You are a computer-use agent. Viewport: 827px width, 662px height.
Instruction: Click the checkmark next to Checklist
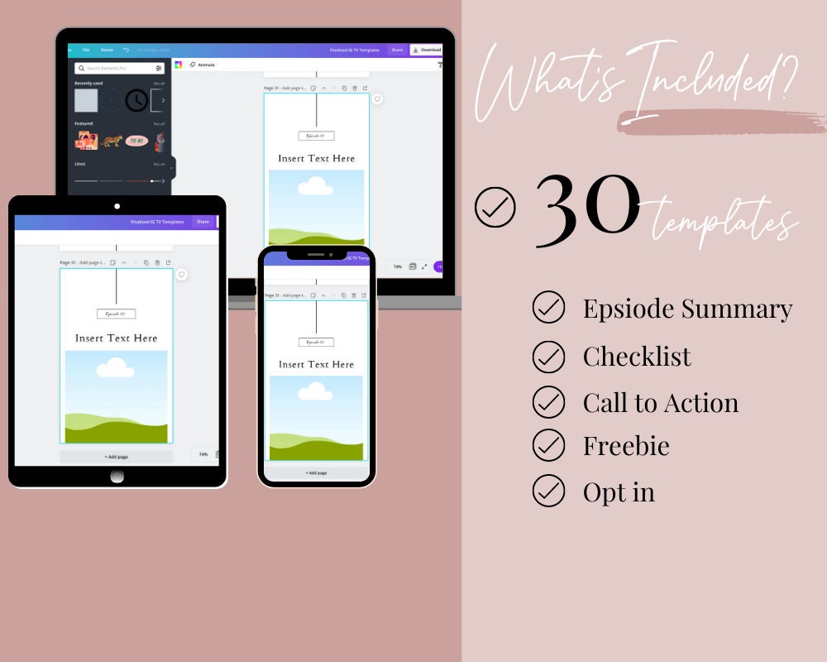click(548, 357)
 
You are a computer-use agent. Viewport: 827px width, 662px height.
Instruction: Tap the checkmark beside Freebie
click(548, 445)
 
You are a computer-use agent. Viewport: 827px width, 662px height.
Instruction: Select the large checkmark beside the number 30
click(495, 208)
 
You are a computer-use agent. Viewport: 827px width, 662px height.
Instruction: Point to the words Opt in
click(619, 492)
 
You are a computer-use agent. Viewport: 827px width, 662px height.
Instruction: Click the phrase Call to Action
click(660, 403)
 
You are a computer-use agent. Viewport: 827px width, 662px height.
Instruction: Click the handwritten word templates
click(724, 221)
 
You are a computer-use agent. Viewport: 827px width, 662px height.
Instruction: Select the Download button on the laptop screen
click(427, 50)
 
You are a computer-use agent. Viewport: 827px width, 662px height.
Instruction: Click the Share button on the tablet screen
click(203, 222)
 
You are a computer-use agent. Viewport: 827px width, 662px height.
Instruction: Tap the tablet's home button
click(117, 476)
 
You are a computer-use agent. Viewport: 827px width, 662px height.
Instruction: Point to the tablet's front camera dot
click(117, 206)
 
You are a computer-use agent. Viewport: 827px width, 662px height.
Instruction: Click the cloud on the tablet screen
click(115, 367)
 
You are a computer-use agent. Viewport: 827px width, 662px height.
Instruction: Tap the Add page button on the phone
click(316, 473)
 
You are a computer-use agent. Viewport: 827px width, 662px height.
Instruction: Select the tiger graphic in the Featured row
click(112, 141)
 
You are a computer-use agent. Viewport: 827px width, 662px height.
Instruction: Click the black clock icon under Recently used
click(136, 100)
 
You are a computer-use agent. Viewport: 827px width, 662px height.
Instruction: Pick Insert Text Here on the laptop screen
click(316, 158)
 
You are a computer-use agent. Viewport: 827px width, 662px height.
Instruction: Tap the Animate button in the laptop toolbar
click(203, 65)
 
